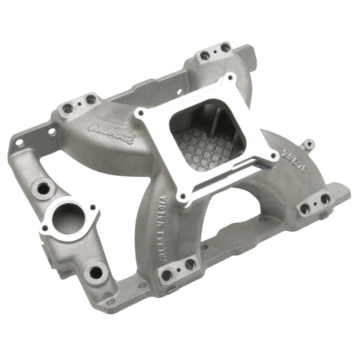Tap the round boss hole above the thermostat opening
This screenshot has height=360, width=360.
44,188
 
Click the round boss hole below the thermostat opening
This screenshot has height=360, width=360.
96,272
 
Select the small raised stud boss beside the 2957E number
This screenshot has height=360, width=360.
307,144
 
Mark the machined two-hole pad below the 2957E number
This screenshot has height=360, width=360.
315,202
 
